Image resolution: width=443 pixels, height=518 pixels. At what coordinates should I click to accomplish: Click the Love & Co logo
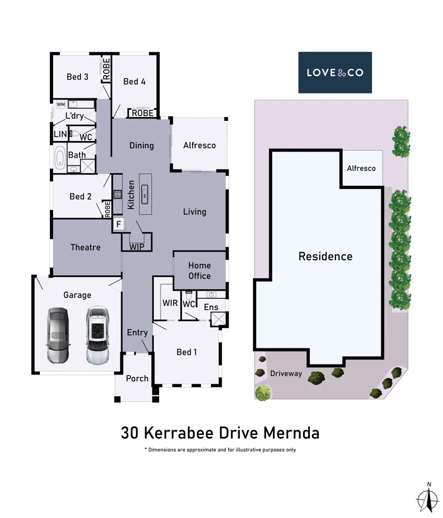pyautogui.click(x=335, y=72)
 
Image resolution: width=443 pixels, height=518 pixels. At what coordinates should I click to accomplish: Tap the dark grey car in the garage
pyautogui.click(x=58, y=334)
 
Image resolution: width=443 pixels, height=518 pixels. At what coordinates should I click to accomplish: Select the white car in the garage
pyautogui.click(x=98, y=334)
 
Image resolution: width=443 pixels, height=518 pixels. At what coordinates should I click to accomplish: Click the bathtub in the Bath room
pyautogui.click(x=59, y=159)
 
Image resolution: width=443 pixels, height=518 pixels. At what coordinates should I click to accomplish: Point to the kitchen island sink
pyautogui.click(x=145, y=194)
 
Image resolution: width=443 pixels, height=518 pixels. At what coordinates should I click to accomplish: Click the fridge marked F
pyautogui.click(x=118, y=224)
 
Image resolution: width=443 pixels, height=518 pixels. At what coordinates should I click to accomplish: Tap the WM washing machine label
pyautogui.click(x=61, y=104)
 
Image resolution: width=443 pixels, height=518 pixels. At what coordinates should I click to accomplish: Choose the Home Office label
pyautogui.click(x=199, y=271)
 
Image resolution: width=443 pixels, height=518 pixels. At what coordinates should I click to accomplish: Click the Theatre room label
pyautogui.click(x=85, y=247)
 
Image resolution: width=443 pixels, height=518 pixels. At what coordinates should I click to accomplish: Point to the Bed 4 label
pyautogui.click(x=134, y=82)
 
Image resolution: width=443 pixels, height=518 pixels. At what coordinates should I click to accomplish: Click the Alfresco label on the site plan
pyautogui.click(x=361, y=168)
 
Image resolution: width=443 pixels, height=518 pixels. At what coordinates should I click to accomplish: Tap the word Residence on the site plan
pyautogui.click(x=325, y=257)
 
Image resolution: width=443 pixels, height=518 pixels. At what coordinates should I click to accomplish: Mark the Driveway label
pyautogui.click(x=286, y=373)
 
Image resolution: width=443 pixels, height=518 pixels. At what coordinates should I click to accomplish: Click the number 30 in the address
pyautogui.click(x=130, y=433)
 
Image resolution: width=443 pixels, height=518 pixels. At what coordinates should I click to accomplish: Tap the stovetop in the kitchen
pyautogui.click(x=117, y=194)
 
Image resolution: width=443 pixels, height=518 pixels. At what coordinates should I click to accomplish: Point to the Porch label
pyautogui.click(x=137, y=378)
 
